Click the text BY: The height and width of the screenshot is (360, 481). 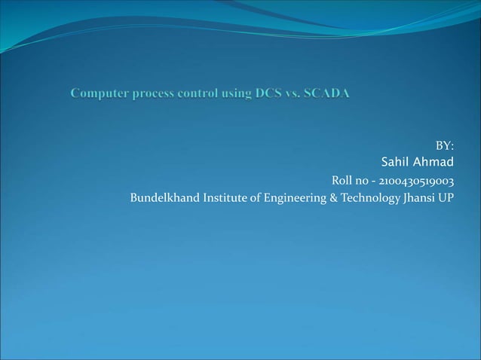point(445,146)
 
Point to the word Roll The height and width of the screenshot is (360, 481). point(344,182)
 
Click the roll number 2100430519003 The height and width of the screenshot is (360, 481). point(416,182)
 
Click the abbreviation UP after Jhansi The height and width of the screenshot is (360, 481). point(446,199)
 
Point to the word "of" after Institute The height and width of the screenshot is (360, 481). point(255,199)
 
